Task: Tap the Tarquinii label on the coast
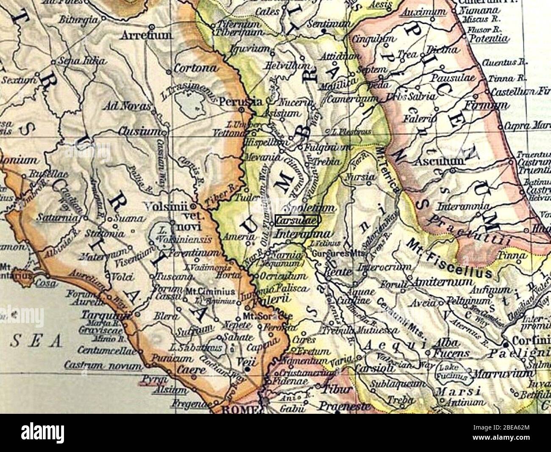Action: pyautogui.click(x=100, y=316)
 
